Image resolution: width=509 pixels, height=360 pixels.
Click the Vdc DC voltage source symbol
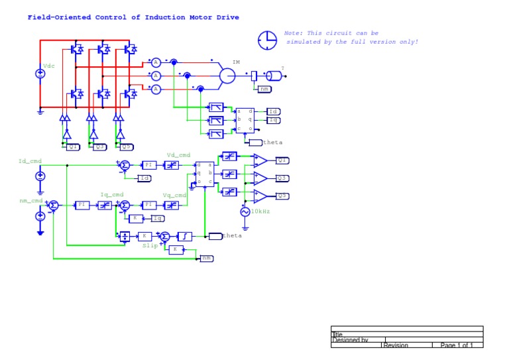[x=40, y=74]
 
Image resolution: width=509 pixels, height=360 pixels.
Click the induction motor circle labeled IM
[x=227, y=76]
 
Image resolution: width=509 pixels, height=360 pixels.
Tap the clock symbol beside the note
[x=267, y=40]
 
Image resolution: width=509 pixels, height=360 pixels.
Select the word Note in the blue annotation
[x=292, y=32]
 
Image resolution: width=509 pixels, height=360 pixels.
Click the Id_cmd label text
[x=30, y=161]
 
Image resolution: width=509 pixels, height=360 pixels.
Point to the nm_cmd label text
[x=30, y=200]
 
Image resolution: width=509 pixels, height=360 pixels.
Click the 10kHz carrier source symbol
[x=245, y=211]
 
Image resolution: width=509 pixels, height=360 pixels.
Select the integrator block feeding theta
[x=187, y=236]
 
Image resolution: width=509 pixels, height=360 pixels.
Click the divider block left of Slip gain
[x=124, y=236]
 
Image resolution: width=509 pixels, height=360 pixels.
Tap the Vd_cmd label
[x=178, y=154]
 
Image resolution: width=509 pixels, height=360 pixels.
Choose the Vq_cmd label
[x=175, y=195]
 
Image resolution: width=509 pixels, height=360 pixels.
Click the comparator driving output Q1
[x=260, y=160]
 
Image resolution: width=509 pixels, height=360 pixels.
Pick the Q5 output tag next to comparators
[x=282, y=196]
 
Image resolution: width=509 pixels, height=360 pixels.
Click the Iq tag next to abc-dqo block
[x=273, y=120]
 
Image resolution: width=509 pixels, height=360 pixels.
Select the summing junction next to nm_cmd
[x=54, y=206]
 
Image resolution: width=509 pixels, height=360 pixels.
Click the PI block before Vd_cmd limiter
[x=149, y=165]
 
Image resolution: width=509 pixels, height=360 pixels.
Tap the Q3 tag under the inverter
[x=99, y=147]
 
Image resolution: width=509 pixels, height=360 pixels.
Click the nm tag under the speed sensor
[x=264, y=89]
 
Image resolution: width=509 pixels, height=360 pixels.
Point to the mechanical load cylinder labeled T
[x=273, y=76]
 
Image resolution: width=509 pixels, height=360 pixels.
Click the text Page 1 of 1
[x=457, y=345]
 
